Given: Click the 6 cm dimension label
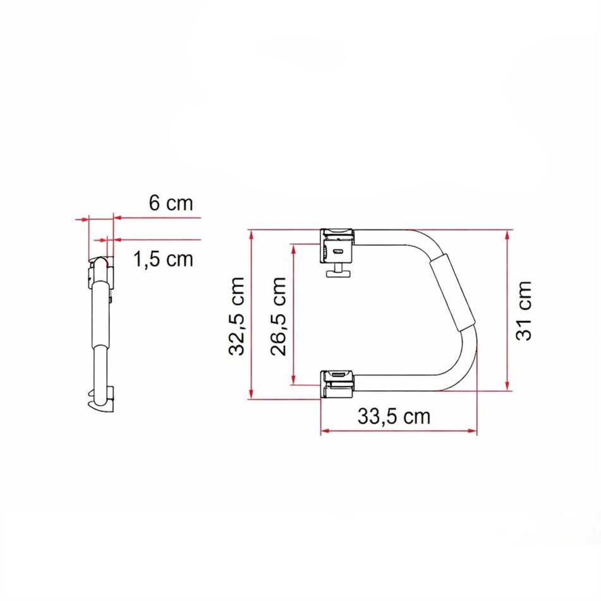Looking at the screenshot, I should pyautogui.click(x=170, y=203).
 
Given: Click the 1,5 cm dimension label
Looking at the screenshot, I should pyautogui.click(x=163, y=259).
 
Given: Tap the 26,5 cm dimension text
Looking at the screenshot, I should pyautogui.click(x=279, y=315).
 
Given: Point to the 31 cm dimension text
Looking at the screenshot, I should pyautogui.click(x=525, y=310).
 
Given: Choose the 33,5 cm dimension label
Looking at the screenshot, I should pyautogui.click(x=394, y=416).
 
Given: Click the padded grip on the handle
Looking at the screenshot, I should pyautogui.click(x=451, y=293).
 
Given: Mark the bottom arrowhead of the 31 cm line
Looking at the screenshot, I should pyautogui.click(x=507, y=387).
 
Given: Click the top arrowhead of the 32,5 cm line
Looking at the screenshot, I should pyautogui.click(x=252, y=234).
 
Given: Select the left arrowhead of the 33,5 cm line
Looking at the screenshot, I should pyautogui.click(x=325, y=432).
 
